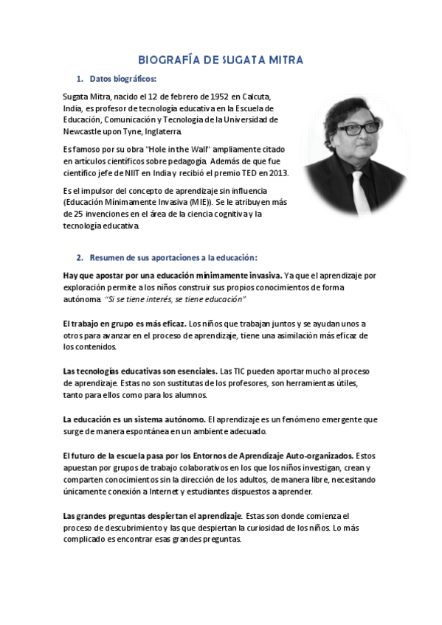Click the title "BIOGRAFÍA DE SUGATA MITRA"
click(x=221, y=60)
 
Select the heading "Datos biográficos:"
click(x=122, y=79)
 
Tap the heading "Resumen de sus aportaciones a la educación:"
click(x=173, y=257)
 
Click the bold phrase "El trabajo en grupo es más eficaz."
click(x=125, y=324)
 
